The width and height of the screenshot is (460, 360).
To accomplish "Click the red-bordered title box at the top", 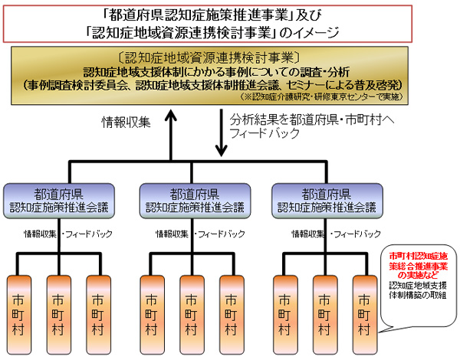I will coord(230,22).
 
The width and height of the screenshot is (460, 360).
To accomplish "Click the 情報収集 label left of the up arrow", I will coord(129,121).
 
